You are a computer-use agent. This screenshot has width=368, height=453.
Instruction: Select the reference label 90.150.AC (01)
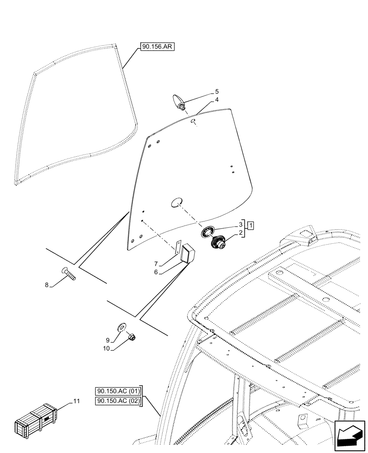118,391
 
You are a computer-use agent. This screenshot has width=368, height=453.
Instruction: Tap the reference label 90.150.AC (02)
118,400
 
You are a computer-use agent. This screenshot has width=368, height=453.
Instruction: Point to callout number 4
217,100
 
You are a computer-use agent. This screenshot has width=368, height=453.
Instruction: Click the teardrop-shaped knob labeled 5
178,101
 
